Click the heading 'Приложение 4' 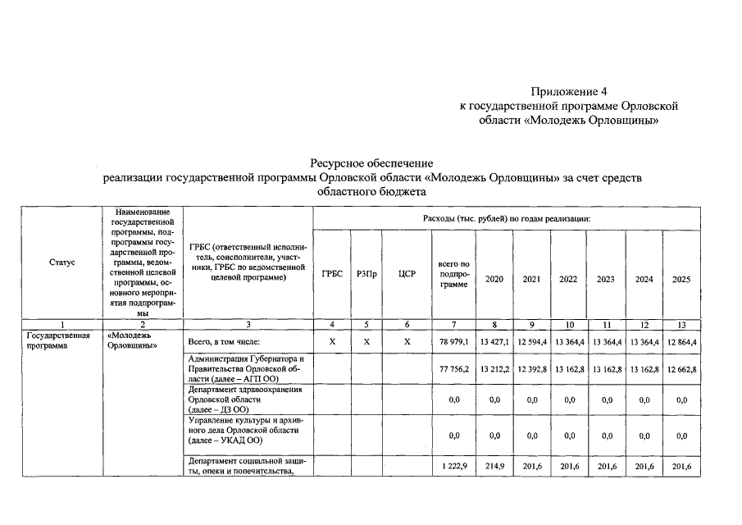[568, 91]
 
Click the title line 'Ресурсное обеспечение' [371, 163]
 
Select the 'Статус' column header [61, 262]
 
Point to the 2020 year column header [494, 279]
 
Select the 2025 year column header [681, 279]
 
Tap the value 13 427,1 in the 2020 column [494, 341]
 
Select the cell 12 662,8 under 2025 [681, 369]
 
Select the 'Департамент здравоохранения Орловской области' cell [245, 399]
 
